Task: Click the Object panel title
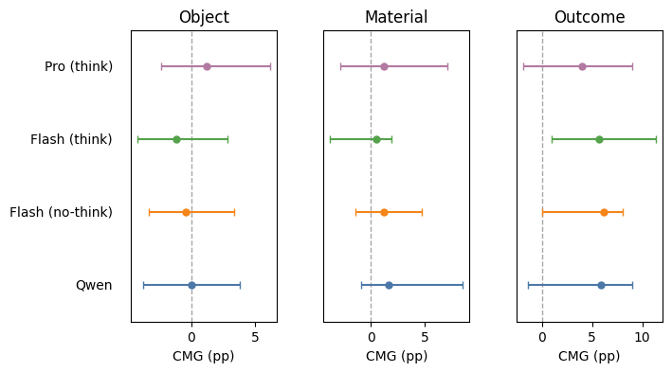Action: [x=204, y=17]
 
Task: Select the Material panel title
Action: [x=396, y=17]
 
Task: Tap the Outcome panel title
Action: [x=589, y=17]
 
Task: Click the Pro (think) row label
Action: [x=79, y=66]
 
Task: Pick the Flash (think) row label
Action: [x=71, y=139]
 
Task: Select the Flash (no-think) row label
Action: [x=61, y=212]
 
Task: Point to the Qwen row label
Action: [x=94, y=285]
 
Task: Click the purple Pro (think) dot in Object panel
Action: [x=207, y=66]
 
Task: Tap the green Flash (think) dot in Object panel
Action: [x=176, y=139]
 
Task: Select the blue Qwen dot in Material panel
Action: [x=389, y=285]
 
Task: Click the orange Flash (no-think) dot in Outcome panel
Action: [x=604, y=212]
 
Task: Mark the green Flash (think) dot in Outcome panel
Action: [x=599, y=139]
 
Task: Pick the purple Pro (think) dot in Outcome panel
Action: [x=582, y=66]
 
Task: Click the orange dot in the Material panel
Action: [x=384, y=212]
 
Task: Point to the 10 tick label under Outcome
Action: [x=643, y=336]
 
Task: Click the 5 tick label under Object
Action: [x=255, y=336]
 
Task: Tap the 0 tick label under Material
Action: [x=371, y=336]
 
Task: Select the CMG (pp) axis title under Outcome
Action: [x=589, y=356]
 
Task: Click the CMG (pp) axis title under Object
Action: [x=204, y=356]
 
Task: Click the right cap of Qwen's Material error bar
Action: [x=463, y=285]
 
